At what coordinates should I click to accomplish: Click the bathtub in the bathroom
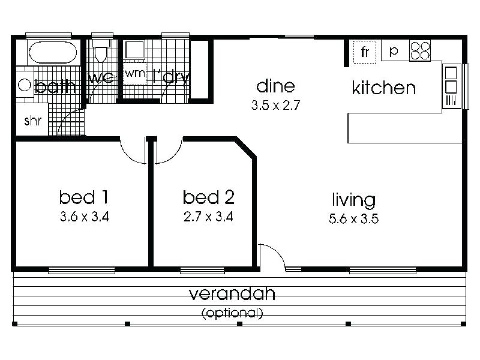click(53, 52)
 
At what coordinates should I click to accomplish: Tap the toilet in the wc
click(101, 50)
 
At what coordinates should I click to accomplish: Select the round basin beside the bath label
click(25, 85)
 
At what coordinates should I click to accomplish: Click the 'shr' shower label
click(32, 121)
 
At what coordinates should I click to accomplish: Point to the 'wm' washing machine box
click(135, 74)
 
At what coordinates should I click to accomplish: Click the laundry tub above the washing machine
click(134, 50)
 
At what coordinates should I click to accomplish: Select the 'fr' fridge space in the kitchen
click(365, 52)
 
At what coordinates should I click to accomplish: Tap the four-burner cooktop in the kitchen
click(420, 50)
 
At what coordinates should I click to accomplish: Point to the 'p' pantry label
click(394, 51)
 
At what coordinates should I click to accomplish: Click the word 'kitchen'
click(383, 88)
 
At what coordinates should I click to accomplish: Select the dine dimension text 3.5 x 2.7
click(275, 106)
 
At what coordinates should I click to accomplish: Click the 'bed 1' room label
click(83, 197)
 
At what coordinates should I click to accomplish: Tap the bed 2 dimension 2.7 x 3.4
click(208, 217)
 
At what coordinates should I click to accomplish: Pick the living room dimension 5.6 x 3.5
click(354, 218)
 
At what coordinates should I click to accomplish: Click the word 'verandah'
click(232, 293)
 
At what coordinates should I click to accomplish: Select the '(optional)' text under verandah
click(232, 313)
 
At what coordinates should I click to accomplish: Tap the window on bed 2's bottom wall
click(202, 271)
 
